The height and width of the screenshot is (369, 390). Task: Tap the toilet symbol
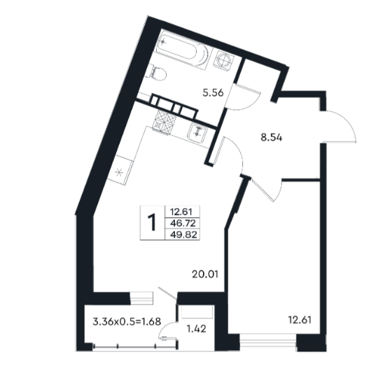158,72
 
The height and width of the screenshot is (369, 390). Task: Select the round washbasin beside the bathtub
225,60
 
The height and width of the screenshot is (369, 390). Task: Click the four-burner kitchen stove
164,121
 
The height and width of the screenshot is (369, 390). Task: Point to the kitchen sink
197,133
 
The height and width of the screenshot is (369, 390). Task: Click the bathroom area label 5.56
213,93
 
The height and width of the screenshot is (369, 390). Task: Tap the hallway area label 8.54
272,137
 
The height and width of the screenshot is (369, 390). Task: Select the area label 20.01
205,274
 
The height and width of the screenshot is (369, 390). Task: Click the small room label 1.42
196,328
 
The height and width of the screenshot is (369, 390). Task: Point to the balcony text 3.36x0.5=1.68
127,321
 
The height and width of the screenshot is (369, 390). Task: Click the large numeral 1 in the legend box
152,223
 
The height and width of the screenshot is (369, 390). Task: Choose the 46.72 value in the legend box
183,223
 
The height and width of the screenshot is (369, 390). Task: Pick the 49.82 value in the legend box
183,235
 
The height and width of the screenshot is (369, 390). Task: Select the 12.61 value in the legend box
181,212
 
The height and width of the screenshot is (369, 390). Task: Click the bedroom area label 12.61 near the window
300,320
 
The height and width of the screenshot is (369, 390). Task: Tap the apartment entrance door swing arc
346,122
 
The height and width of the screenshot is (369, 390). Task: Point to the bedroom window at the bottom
268,340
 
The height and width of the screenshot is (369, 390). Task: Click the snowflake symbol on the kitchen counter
118,172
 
